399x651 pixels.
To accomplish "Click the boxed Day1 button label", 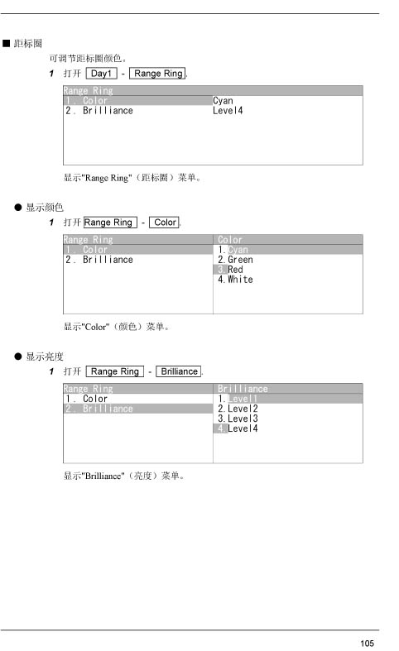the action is coord(102,74).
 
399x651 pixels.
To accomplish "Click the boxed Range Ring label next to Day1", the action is coord(158,74).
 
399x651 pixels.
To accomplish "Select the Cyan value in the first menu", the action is coord(223,100).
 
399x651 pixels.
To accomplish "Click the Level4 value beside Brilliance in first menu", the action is coord(228,111).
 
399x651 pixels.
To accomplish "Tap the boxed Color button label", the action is coord(165,223).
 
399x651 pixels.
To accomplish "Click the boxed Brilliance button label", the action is coord(179,371).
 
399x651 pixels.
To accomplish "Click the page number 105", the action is coord(367,643).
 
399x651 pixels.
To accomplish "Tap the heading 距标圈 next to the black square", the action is coord(28,44).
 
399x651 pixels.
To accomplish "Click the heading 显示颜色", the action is coord(45,208).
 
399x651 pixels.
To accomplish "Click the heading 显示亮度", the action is coord(45,357).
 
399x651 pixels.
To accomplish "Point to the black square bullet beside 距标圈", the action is coord(7,44).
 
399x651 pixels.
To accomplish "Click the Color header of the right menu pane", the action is coord(230,240).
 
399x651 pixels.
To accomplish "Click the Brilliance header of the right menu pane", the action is coord(243,389).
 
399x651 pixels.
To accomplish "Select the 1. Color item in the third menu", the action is coord(86,399).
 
